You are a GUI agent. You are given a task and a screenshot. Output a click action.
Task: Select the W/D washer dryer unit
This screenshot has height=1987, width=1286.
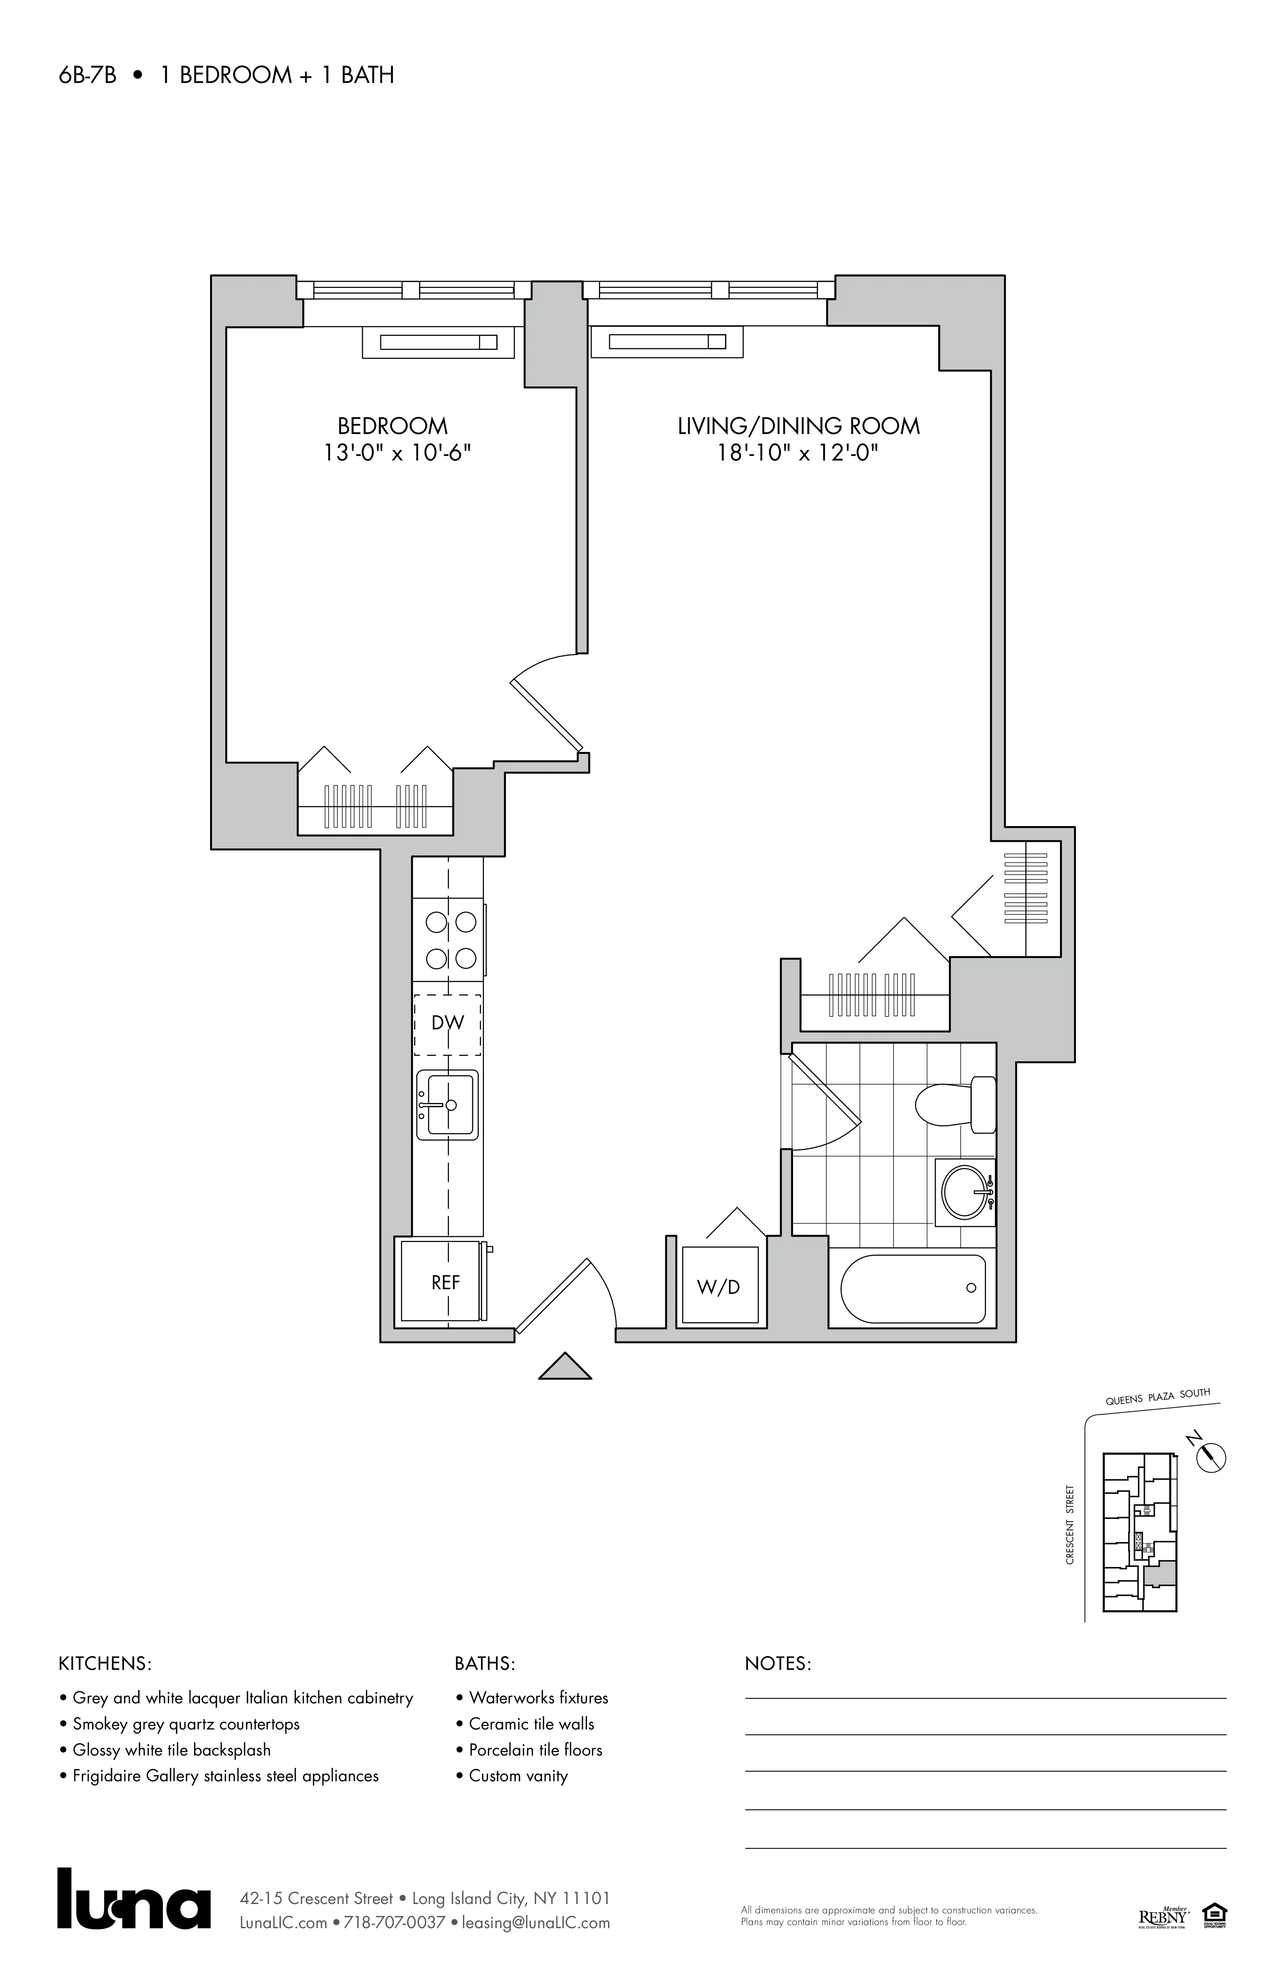point(719,1286)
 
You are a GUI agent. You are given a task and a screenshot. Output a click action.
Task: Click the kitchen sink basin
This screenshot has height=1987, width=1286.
point(448,1105)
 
